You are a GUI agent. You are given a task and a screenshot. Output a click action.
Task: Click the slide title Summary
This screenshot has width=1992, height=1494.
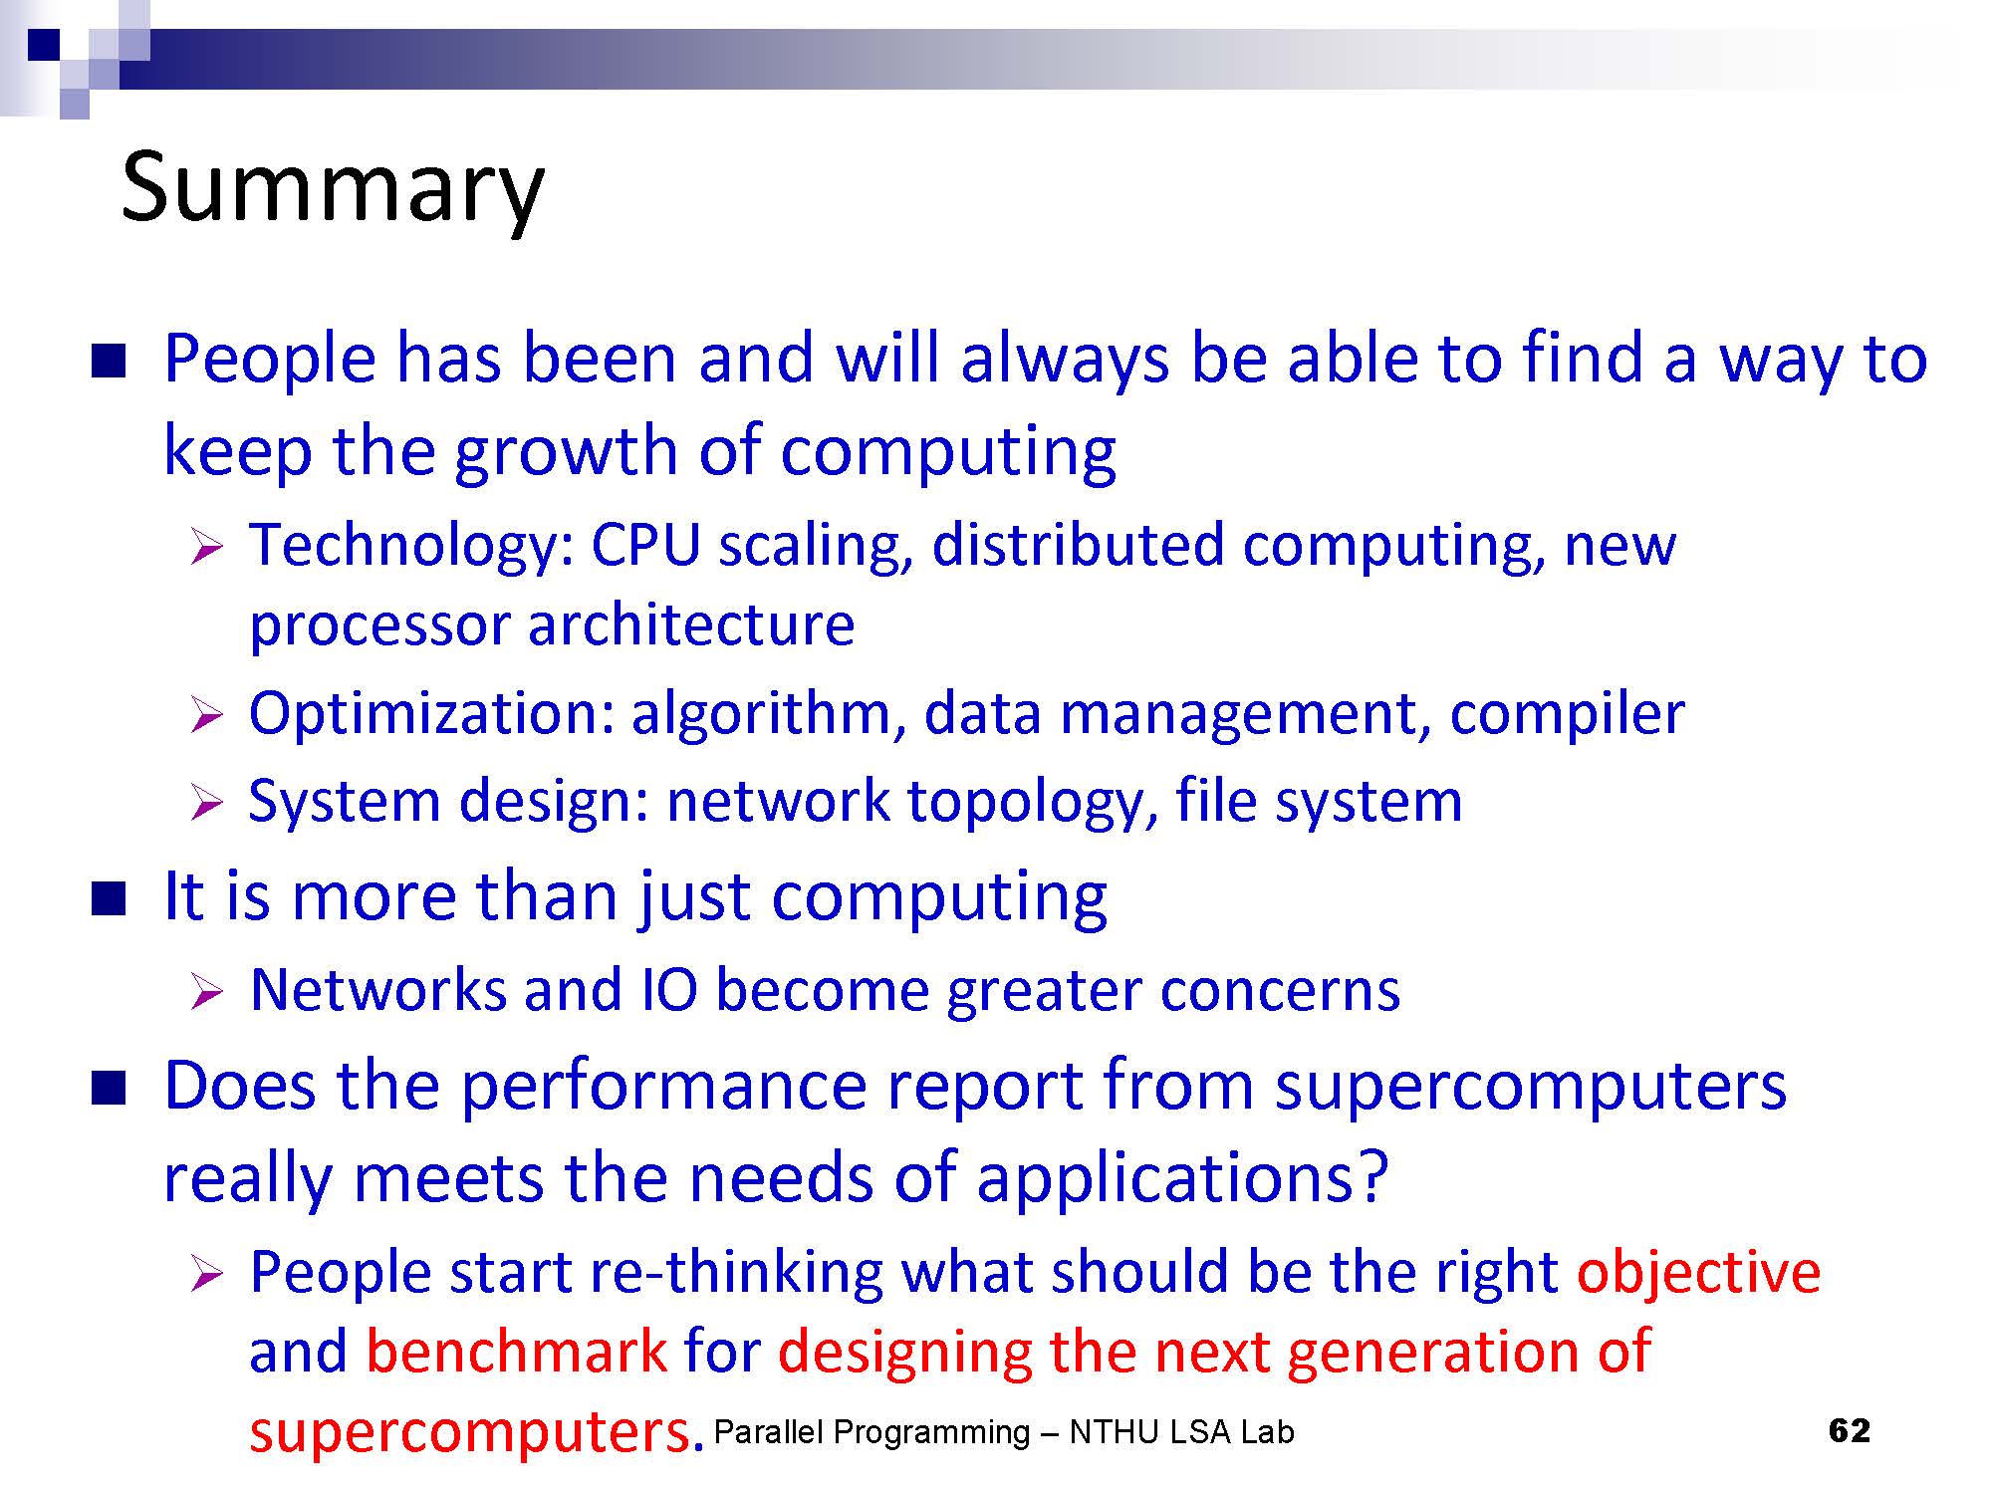click(333, 189)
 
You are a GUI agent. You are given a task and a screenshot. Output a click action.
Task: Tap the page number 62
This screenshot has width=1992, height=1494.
click(1850, 1430)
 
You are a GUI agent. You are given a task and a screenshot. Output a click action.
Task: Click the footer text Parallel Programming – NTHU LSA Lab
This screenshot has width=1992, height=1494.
click(1004, 1432)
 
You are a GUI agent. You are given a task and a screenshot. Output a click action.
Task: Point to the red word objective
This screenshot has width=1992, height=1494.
click(1698, 1274)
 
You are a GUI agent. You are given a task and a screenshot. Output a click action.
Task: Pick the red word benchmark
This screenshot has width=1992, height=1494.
click(516, 1352)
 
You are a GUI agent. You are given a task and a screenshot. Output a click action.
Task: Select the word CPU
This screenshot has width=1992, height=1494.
click(645, 546)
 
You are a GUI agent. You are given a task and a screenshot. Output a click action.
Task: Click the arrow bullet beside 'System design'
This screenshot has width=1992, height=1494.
click(206, 803)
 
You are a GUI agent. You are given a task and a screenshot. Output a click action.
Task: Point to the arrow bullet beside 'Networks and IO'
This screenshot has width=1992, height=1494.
click(206, 992)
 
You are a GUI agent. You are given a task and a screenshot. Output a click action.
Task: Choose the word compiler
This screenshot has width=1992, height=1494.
click(1567, 715)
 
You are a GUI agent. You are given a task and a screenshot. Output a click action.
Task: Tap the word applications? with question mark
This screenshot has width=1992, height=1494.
click(1181, 1179)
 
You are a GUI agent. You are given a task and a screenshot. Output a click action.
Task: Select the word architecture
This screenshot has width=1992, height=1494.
click(691, 625)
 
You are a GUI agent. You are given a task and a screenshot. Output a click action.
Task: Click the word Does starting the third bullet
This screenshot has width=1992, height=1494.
click(239, 1086)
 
